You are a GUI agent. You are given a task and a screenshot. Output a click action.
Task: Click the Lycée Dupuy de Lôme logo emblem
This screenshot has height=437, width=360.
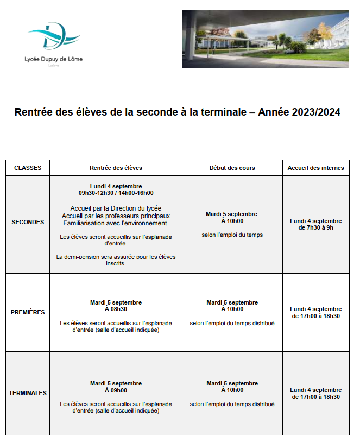click(54, 37)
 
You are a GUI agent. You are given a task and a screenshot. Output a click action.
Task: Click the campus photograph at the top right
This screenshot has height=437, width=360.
click(265, 39)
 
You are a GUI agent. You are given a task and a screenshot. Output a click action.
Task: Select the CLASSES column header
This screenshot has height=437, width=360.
click(28, 168)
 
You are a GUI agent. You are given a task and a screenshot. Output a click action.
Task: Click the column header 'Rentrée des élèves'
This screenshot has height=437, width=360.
click(116, 168)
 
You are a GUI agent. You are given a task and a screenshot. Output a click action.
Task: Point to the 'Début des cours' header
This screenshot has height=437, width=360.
click(232, 168)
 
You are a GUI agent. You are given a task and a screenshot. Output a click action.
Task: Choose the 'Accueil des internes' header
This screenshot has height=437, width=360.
click(315, 168)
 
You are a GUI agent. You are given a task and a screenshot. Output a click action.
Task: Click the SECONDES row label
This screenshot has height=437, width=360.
click(28, 222)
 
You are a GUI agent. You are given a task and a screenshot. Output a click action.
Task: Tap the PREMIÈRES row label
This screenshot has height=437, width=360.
click(28, 312)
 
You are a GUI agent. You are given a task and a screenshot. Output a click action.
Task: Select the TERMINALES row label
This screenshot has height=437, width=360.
click(28, 393)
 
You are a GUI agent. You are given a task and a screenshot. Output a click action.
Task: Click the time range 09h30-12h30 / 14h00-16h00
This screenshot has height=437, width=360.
click(116, 193)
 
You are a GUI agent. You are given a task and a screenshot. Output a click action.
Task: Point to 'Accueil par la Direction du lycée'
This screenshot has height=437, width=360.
click(116, 208)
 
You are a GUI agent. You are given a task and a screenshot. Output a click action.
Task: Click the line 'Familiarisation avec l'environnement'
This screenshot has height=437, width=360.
click(116, 223)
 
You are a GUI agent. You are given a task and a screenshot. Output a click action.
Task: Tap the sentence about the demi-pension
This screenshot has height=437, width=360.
click(116, 260)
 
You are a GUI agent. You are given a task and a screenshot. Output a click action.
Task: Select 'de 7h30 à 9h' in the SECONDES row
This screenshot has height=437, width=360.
click(315, 228)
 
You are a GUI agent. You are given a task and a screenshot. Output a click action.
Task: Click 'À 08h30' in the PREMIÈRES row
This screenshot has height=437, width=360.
click(116, 309)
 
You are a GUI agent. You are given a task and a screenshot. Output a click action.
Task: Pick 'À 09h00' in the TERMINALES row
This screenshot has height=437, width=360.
click(116, 390)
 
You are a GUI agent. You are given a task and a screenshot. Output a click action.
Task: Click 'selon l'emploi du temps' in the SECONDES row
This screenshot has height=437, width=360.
click(232, 235)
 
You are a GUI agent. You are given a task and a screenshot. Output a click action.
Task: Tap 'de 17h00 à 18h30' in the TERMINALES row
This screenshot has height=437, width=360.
click(315, 397)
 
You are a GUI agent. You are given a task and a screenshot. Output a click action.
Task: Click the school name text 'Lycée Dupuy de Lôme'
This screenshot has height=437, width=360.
click(54, 59)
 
